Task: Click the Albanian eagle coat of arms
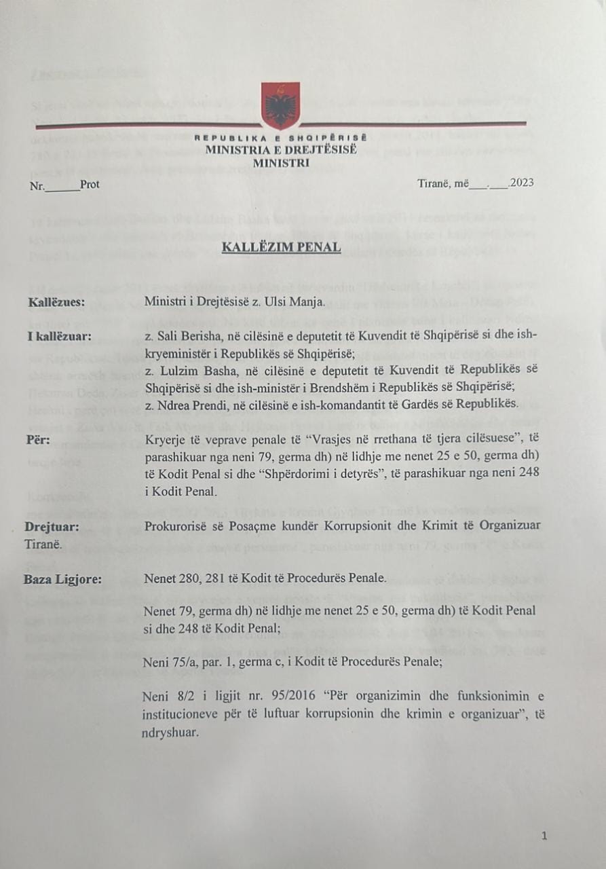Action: click(x=280, y=105)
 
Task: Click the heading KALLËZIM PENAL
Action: click(x=281, y=247)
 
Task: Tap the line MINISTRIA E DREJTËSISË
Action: click(x=281, y=150)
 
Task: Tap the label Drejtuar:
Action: click(x=50, y=525)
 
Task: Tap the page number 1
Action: click(x=544, y=836)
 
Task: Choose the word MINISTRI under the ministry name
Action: click(x=281, y=163)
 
